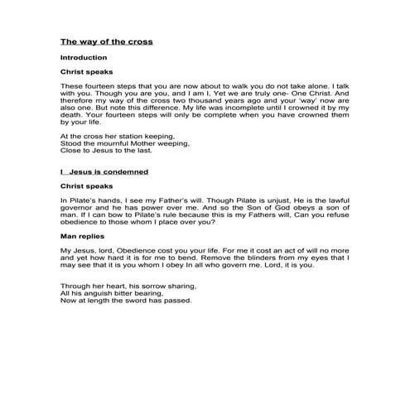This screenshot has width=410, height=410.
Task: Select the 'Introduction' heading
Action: pyautogui.click(x=84, y=57)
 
